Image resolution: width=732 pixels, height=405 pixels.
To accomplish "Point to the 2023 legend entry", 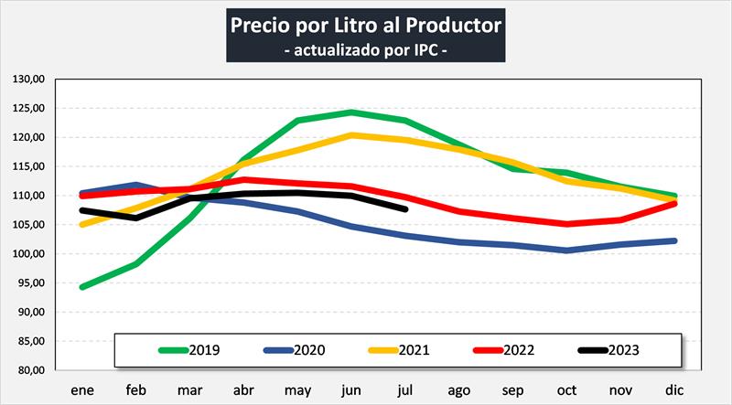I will point(610,349).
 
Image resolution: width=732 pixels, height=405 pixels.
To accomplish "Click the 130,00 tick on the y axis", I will point(29,80).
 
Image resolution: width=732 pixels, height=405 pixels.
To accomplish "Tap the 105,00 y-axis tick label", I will point(29,225).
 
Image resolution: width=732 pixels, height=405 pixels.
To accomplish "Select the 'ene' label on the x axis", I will point(83,389).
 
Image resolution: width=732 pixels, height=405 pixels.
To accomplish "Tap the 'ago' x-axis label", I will point(459,389).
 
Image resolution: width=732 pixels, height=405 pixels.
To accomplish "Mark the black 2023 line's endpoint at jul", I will point(404,208).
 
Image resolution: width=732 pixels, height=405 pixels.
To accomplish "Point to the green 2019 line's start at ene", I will point(83,287).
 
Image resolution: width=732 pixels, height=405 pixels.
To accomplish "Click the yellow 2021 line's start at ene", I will point(83,224).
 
